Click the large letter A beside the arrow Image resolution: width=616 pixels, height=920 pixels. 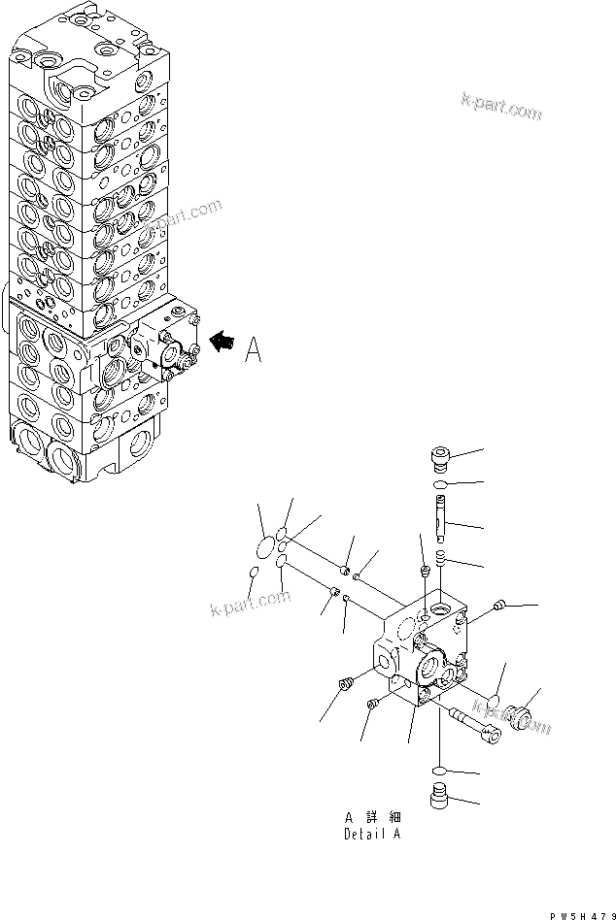(x=253, y=349)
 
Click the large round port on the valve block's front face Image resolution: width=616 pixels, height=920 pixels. (x=428, y=670)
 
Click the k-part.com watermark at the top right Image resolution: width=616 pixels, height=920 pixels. (x=503, y=109)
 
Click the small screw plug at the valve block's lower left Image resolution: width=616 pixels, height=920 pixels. (x=343, y=686)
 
